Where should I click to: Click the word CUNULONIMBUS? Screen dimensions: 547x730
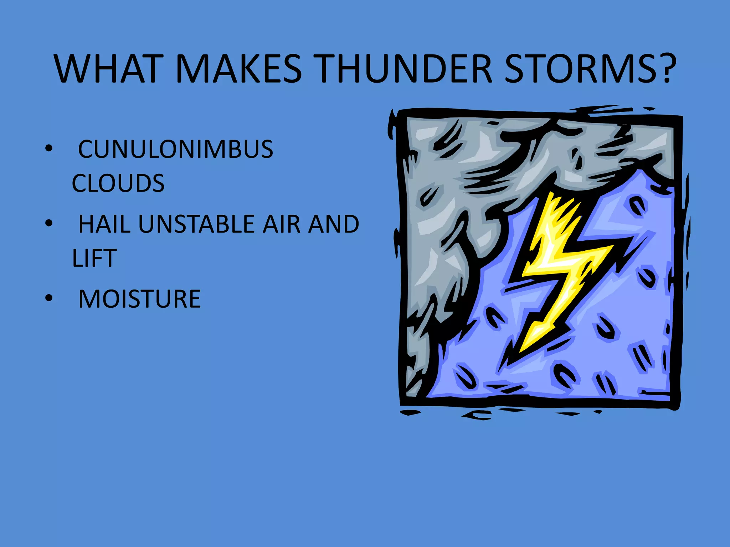[175, 149]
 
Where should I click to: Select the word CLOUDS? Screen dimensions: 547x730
[118, 183]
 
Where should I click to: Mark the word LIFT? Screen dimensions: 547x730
[94, 258]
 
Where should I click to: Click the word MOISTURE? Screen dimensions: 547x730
[139, 299]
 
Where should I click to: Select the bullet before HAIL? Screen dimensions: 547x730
[49, 223]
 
